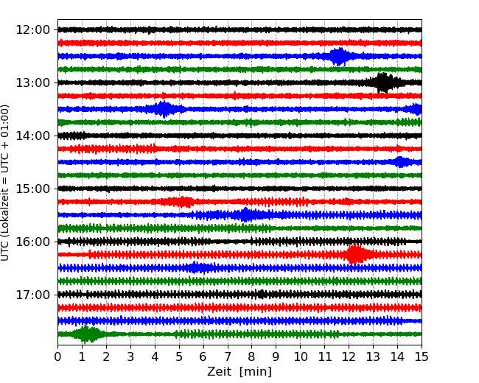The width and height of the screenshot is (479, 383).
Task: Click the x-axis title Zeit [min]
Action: [x=239, y=372]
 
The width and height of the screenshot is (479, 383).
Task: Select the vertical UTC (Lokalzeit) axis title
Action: [x=6, y=183]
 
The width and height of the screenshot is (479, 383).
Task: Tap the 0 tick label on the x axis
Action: [x=58, y=357]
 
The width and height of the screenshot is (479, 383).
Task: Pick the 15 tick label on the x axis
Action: [x=422, y=357]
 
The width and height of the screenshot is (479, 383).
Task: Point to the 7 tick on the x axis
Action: [x=228, y=357]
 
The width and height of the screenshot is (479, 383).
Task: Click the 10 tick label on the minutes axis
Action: [x=301, y=357]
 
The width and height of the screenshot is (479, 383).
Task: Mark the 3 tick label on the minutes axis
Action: [x=131, y=357]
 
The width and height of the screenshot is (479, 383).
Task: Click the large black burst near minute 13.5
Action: [x=383, y=82]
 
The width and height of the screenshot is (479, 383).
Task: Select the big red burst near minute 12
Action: [x=356, y=255]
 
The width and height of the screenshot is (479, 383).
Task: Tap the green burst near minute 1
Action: [x=88, y=334]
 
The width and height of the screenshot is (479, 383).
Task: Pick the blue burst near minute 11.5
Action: [x=339, y=56]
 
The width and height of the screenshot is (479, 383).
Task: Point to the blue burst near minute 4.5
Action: [x=164, y=109]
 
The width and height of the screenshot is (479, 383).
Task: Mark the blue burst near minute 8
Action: [x=246, y=215]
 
